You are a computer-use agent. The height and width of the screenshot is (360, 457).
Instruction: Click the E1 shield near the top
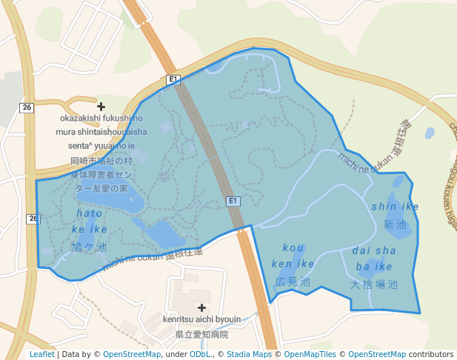(173, 79)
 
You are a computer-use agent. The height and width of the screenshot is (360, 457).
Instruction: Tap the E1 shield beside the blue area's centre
(233, 201)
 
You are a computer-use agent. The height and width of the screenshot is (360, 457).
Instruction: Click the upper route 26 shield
(27, 107)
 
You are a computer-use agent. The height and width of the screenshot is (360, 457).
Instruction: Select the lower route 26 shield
(33, 219)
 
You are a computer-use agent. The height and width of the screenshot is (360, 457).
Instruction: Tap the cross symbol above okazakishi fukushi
(101, 107)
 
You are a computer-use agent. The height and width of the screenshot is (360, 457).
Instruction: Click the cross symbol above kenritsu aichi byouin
(201, 307)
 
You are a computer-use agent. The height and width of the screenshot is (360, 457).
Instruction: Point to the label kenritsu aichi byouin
(201, 319)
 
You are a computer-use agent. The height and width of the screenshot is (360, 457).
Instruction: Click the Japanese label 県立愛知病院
(201, 334)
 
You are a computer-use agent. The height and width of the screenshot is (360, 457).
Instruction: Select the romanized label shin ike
(395, 206)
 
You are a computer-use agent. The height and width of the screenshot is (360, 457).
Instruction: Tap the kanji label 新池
(395, 224)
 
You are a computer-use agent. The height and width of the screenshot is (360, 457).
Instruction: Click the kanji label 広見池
(293, 281)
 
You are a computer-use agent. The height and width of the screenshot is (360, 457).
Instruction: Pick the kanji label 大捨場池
(374, 284)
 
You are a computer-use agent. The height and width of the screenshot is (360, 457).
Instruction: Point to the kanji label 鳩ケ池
(90, 247)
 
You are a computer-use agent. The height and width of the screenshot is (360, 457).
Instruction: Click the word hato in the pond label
(90, 213)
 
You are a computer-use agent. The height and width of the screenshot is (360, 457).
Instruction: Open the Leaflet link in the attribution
(42, 354)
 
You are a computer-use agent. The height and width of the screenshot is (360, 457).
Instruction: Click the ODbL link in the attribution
(200, 354)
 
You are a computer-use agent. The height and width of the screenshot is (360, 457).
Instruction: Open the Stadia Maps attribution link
(249, 354)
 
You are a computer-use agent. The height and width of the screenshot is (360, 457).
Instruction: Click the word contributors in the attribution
(430, 354)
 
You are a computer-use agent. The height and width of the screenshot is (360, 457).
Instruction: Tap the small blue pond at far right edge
(430, 133)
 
